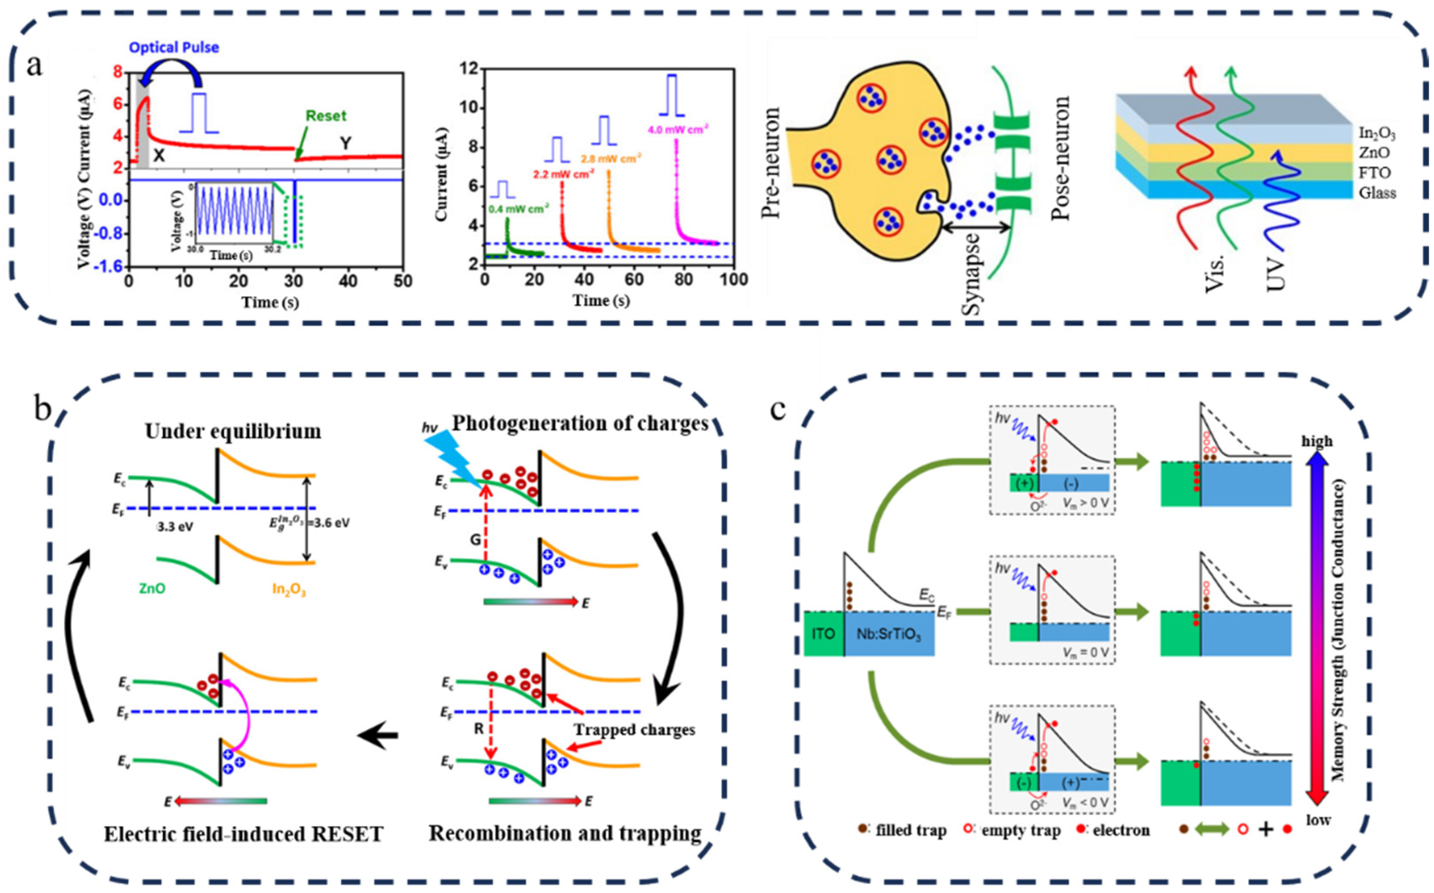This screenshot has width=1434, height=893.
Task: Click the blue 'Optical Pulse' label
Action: coord(174,47)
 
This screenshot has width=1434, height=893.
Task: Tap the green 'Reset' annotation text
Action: coord(326,116)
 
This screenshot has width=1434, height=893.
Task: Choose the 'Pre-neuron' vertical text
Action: coord(770,162)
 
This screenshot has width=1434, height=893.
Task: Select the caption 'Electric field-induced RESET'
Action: coord(243,834)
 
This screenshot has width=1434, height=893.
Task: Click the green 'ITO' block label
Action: coord(823,634)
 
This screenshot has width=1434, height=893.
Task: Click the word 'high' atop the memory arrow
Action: coord(1317,441)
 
